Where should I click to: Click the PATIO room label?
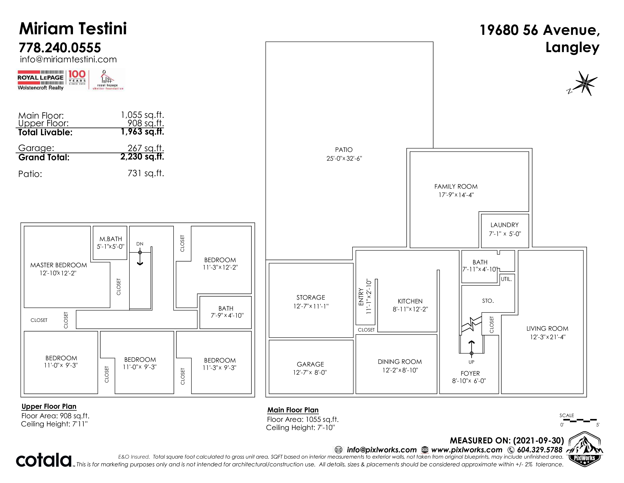click(344, 150)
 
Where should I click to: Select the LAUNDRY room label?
click(504, 225)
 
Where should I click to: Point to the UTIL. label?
click(506, 279)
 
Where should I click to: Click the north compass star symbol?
click(586, 83)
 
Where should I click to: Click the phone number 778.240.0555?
click(60, 48)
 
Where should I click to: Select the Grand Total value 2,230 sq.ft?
click(142, 157)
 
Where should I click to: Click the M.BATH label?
click(111, 239)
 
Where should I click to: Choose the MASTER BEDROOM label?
click(59, 265)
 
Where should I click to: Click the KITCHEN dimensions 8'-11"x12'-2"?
click(410, 309)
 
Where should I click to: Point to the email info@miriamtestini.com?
click(68, 59)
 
